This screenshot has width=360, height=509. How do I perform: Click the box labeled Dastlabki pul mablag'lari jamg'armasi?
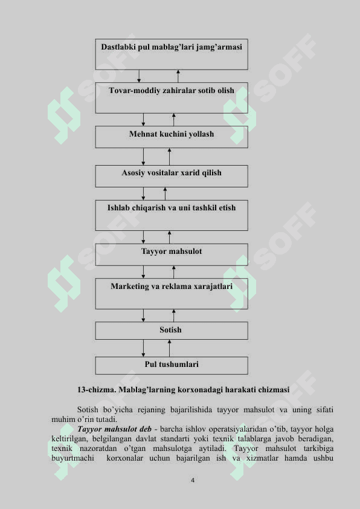[172, 54]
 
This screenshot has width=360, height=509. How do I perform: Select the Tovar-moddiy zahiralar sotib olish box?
[172, 98]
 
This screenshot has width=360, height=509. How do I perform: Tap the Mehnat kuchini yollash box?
[172, 137]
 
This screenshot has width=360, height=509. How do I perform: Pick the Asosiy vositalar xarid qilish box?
[172, 177]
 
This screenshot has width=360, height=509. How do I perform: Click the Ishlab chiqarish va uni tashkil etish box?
[172, 215]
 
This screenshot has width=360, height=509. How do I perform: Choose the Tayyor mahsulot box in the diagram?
[172, 255]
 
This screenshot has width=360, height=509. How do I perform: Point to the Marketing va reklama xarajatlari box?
[172, 294]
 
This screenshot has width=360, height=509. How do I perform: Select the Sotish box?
[172, 331]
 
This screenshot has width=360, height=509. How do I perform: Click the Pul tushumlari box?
[172, 366]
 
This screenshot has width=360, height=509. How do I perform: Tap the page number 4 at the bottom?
[193, 480]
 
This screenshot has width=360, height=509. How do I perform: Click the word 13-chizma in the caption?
[97, 389]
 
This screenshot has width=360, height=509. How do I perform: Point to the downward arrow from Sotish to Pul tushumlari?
[143, 348]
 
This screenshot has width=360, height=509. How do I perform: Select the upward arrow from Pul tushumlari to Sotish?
[169, 348]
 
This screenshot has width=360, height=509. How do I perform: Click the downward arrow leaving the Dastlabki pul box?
[139, 76]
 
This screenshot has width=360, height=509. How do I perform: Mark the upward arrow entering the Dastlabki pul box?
[178, 76]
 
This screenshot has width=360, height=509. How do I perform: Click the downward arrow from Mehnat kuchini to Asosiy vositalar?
[143, 157]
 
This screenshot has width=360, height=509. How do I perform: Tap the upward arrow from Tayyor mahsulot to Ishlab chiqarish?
[169, 238]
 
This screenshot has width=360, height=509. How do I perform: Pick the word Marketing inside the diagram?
[129, 287]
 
